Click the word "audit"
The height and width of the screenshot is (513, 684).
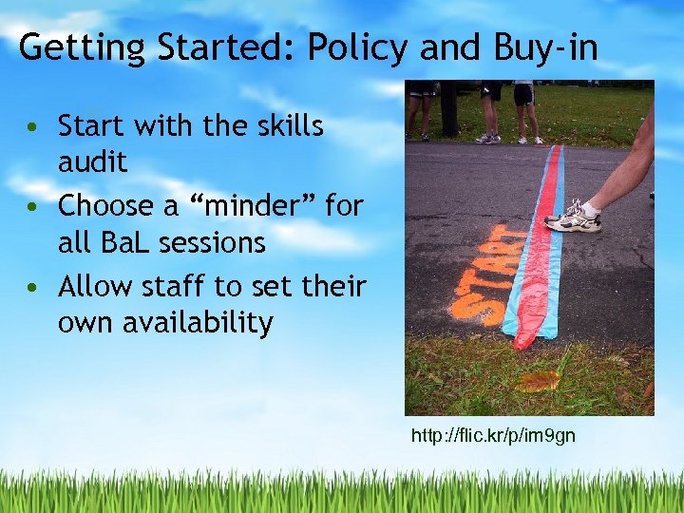[92, 163]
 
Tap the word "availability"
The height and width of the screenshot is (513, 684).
[164, 324]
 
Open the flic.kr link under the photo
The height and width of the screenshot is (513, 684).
[492, 436]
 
